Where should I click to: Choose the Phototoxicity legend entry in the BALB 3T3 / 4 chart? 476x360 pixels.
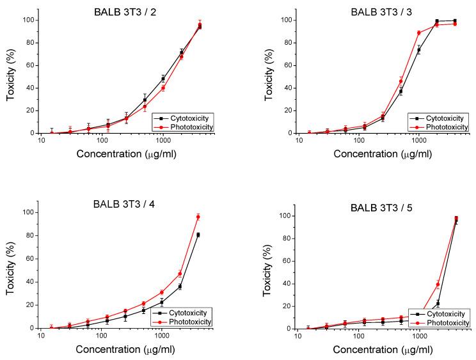point(190,321)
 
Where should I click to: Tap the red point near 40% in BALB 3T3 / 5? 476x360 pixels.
point(438,285)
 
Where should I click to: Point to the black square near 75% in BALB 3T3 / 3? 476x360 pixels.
point(419,49)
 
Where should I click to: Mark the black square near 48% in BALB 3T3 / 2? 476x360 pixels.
point(163,79)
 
